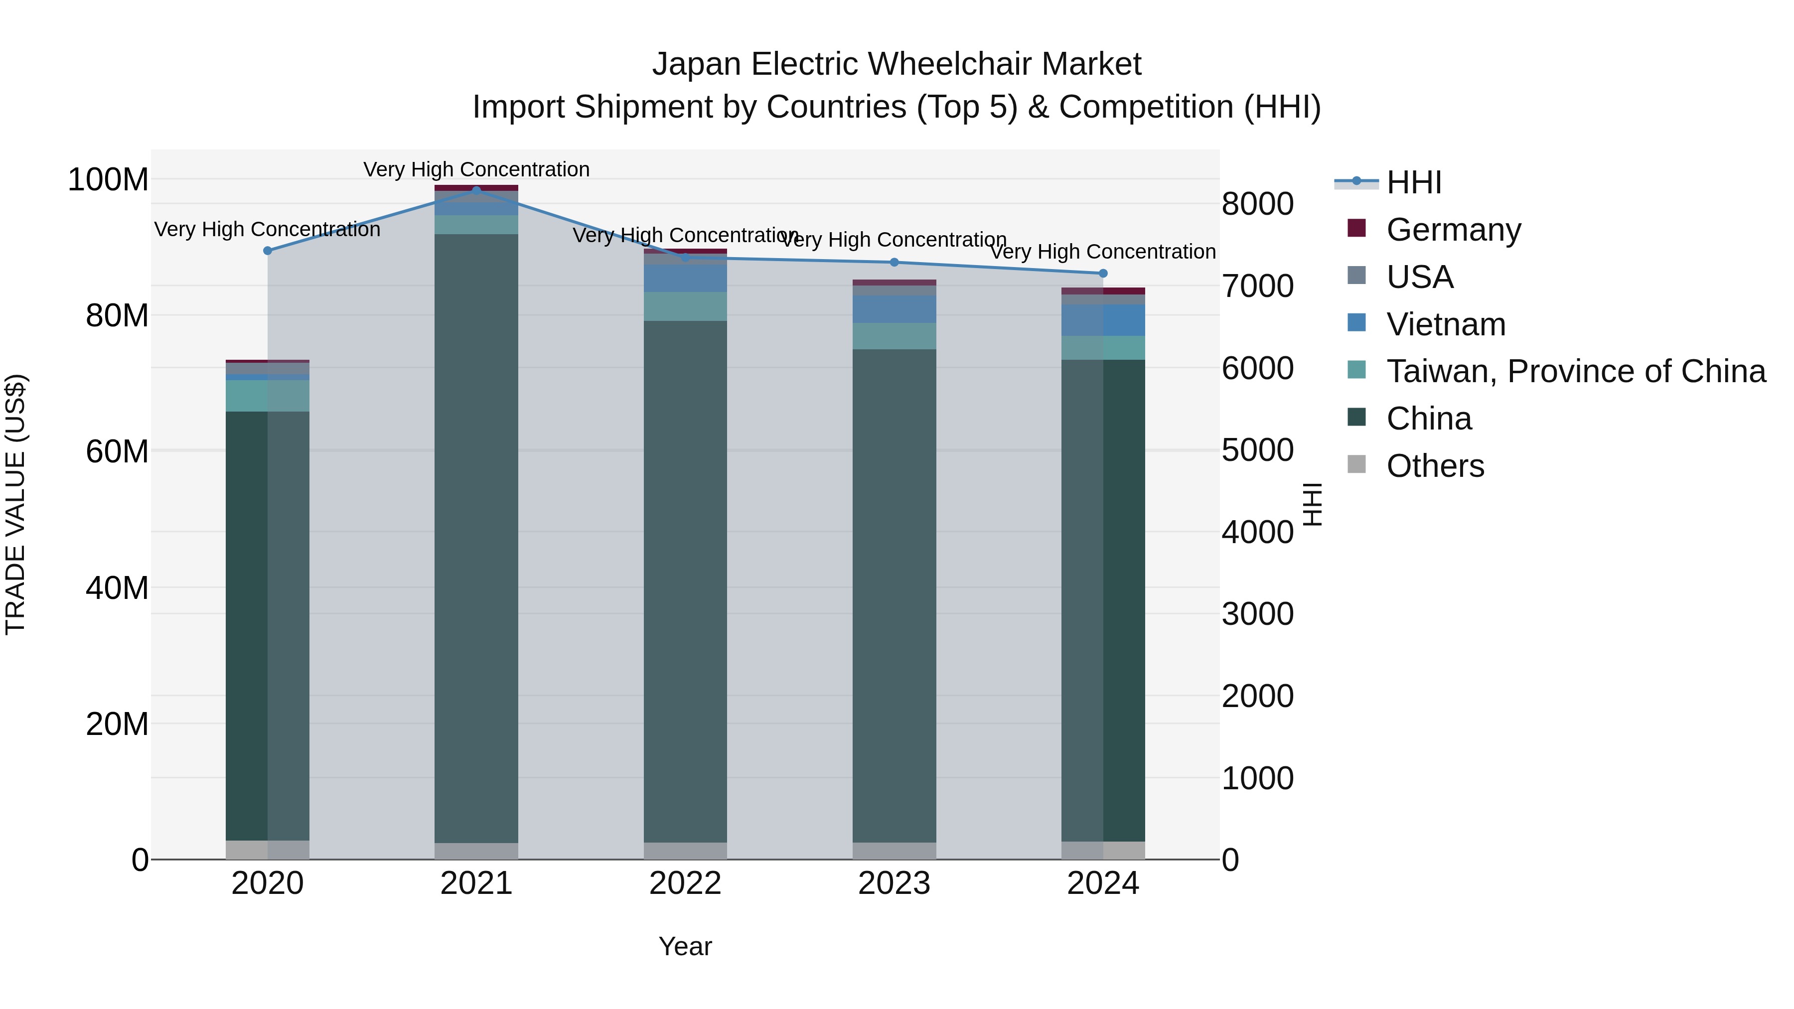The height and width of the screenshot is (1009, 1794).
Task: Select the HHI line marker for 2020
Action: click(x=268, y=251)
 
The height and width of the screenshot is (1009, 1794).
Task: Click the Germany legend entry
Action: click(x=1454, y=230)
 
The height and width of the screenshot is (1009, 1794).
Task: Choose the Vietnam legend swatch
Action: click(x=1356, y=323)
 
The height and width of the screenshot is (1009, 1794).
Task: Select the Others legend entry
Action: click(x=1435, y=466)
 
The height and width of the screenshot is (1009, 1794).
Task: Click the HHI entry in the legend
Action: click(x=1413, y=182)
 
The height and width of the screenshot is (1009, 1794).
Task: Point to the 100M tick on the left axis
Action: click(x=108, y=180)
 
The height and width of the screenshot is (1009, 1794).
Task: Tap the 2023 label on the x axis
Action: click(x=894, y=883)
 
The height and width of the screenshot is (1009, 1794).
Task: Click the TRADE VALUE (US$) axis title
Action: click(x=15, y=504)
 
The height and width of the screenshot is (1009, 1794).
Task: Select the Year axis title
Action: click(x=685, y=946)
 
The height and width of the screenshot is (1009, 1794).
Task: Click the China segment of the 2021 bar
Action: click(x=476, y=536)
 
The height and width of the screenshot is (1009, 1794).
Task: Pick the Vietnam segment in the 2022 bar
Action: click(x=685, y=279)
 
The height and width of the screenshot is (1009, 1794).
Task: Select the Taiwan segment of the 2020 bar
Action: click(x=268, y=396)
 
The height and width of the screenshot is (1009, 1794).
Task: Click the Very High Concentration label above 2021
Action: click(x=476, y=169)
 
